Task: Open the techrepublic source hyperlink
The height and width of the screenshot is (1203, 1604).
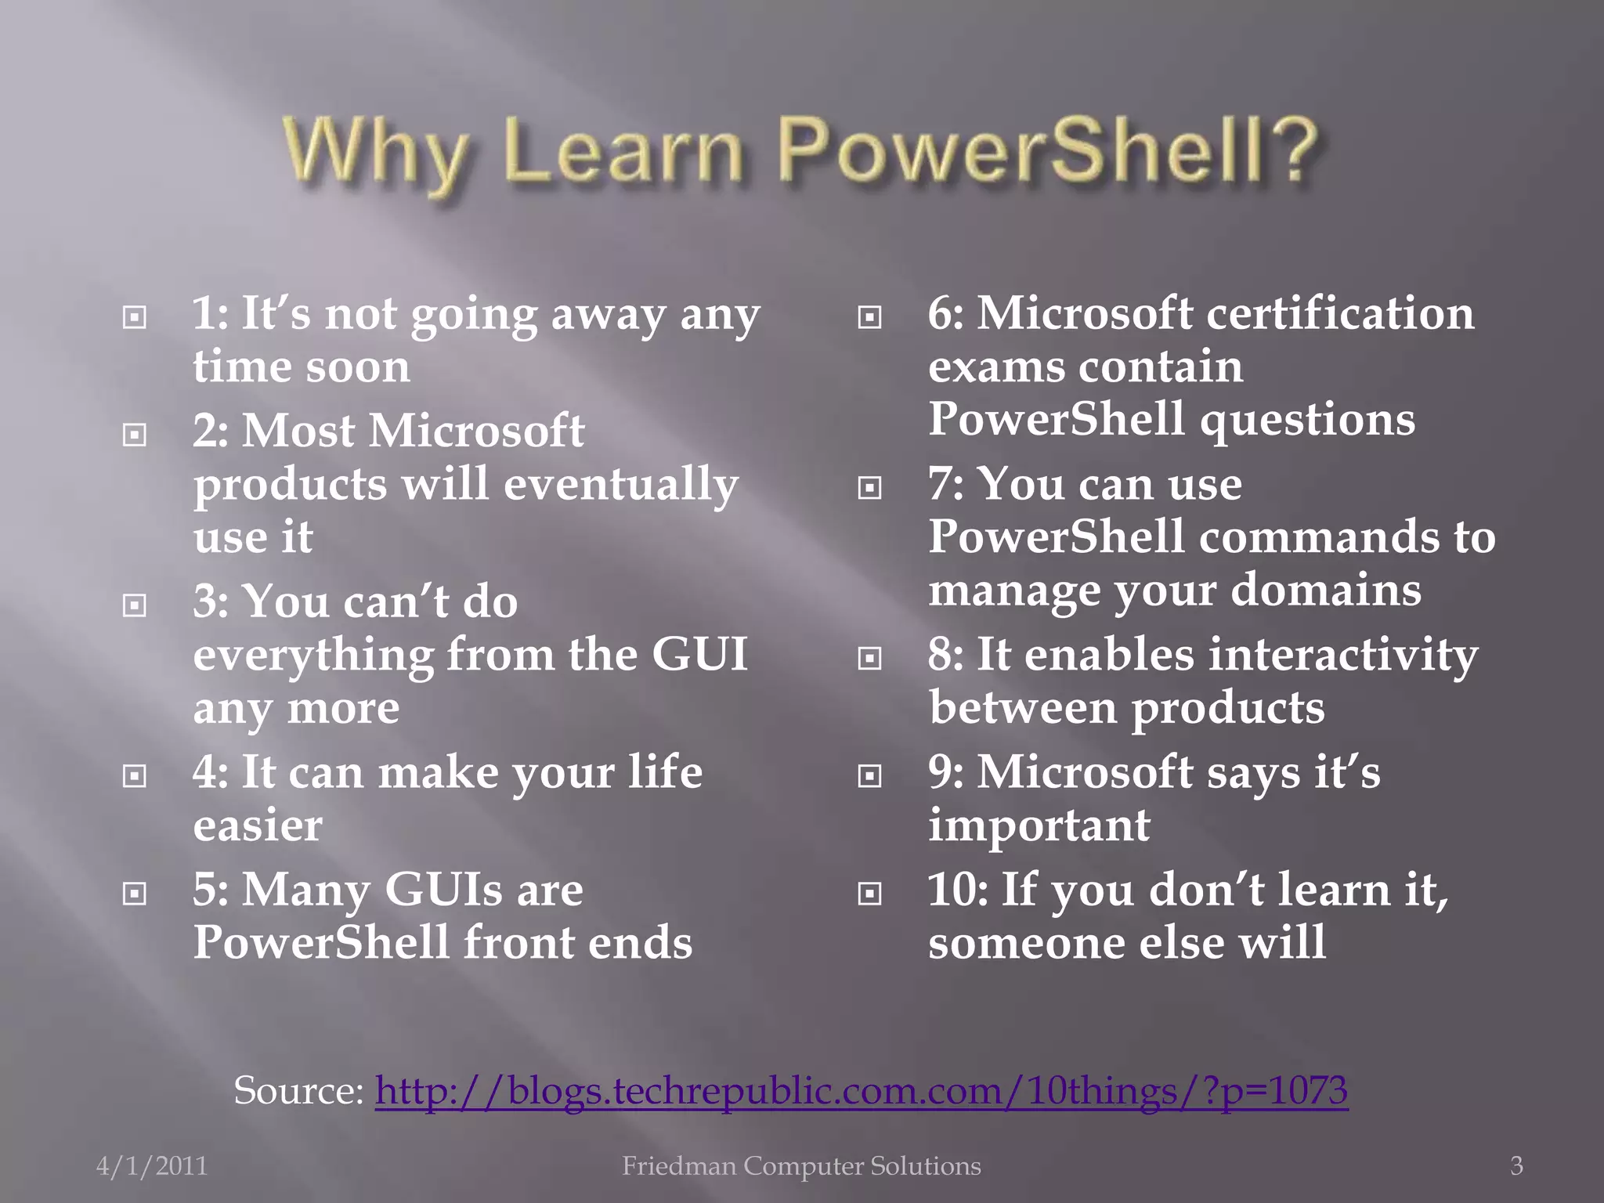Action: (861, 1090)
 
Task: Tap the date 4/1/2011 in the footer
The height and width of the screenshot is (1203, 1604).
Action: (152, 1166)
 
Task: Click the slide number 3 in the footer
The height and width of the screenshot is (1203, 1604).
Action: (1516, 1166)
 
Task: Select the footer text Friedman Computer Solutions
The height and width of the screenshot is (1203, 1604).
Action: (801, 1166)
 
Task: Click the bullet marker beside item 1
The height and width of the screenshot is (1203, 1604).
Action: (135, 317)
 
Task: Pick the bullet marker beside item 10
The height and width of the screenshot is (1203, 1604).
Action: (869, 893)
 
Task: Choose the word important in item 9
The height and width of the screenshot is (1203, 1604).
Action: (1039, 825)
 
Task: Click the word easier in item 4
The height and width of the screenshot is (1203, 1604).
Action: (258, 825)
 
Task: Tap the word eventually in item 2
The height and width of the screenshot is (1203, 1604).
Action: (620, 484)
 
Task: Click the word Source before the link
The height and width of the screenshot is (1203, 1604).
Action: (298, 1090)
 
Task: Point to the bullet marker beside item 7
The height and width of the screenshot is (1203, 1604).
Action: (869, 488)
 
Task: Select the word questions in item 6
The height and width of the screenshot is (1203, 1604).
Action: (1307, 420)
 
